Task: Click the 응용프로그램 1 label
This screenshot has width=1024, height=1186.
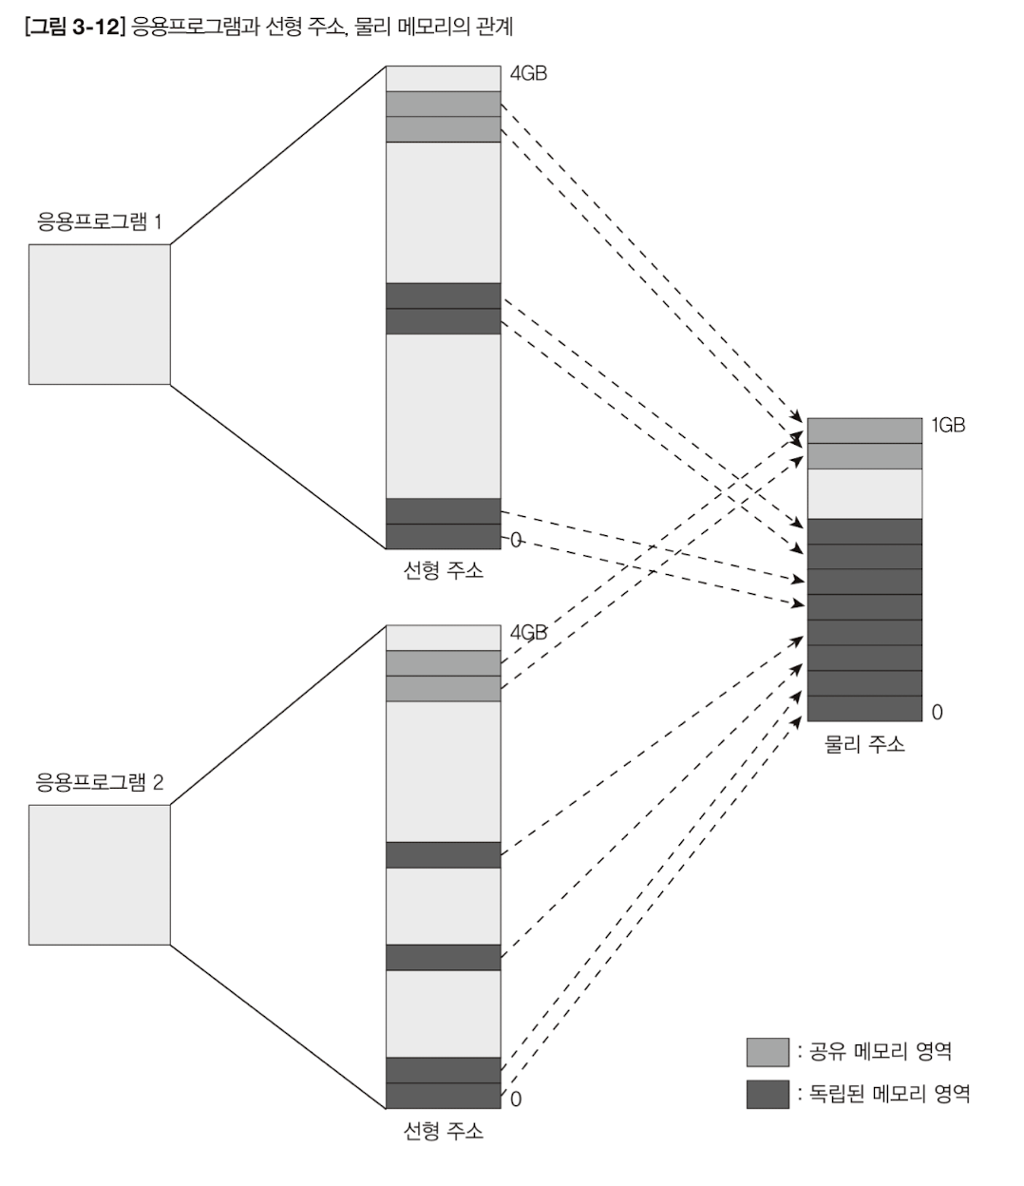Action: (99, 222)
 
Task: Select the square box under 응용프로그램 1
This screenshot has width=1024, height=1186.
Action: (99, 315)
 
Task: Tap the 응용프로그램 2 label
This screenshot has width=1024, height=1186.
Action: (99, 782)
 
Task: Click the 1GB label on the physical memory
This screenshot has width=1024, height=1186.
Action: (947, 426)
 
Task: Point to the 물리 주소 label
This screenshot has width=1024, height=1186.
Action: (864, 744)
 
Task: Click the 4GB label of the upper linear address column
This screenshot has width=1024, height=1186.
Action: (528, 73)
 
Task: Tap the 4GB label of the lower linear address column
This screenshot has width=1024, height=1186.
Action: (528, 633)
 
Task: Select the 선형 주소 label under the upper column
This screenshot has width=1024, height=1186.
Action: (443, 571)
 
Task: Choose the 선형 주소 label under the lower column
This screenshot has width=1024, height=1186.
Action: (443, 1131)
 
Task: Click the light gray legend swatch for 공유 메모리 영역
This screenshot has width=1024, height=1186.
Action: (768, 1052)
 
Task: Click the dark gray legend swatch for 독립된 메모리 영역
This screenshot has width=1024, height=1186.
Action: (768, 1094)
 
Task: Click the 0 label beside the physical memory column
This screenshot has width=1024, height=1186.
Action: (937, 713)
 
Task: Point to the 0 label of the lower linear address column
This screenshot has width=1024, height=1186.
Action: (516, 1100)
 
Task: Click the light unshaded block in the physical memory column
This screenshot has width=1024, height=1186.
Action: (864, 494)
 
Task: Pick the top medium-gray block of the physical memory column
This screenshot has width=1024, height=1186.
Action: (864, 430)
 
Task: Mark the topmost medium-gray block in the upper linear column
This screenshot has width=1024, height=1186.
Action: (443, 104)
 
